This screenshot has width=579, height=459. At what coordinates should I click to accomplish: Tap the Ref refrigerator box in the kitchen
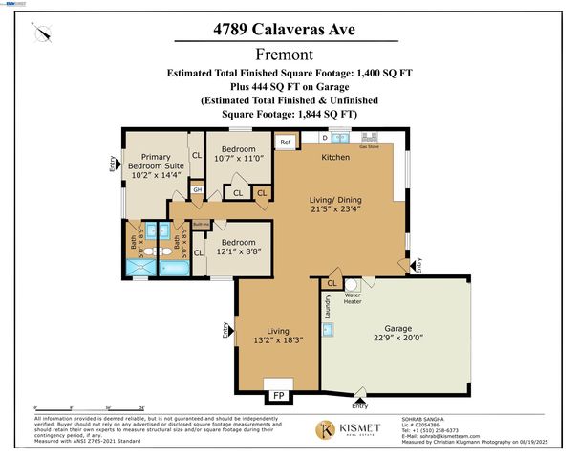(285, 142)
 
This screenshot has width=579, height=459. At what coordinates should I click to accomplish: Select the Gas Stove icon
(368, 140)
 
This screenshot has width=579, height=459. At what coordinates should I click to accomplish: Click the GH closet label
(197, 190)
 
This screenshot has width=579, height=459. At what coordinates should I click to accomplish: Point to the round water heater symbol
(351, 285)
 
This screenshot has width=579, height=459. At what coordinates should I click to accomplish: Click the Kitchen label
(334, 156)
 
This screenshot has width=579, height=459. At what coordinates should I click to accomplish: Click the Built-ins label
(201, 224)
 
